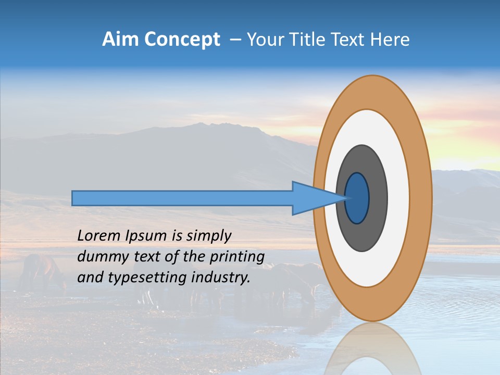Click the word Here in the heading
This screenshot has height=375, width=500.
tap(391, 40)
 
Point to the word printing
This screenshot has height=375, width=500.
tap(237, 257)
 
